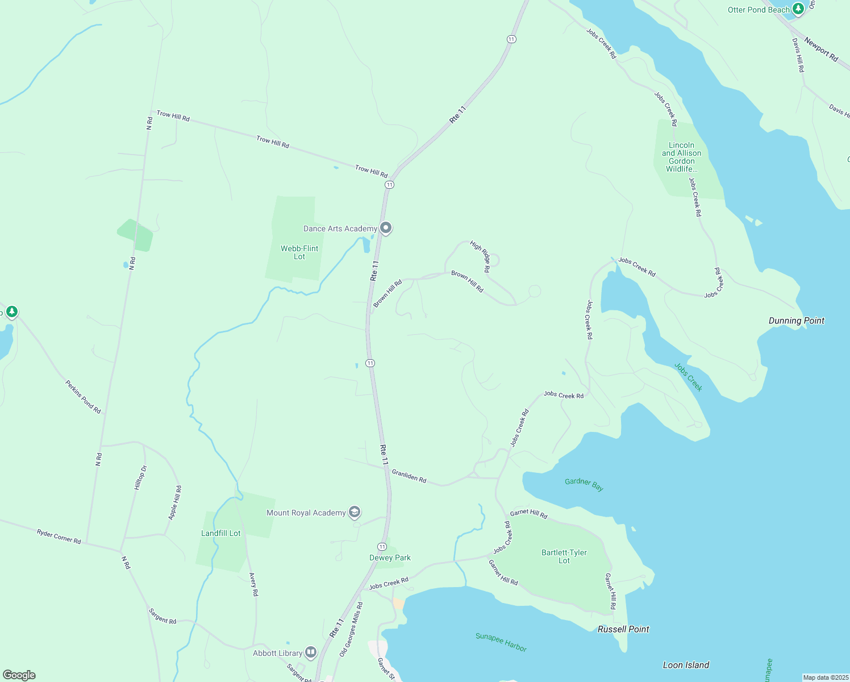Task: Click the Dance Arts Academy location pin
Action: pyautogui.click(x=386, y=228)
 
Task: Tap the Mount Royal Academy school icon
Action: pyautogui.click(x=354, y=512)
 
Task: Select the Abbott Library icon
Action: pyautogui.click(x=310, y=652)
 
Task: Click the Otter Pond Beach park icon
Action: pyautogui.click(x=798, y=9)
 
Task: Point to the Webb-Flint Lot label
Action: pyautogui.click(x=299, y=252)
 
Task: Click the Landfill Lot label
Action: pyautogui.click(x=221, y=533)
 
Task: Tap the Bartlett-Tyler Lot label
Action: pyautogui.click(x=564, y=556)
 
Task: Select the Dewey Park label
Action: pyautogui.click(x=390, y=558)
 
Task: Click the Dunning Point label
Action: pyautogui.click(x=796, y=321)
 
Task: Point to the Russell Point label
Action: pyautogui.click(x=623, y=629)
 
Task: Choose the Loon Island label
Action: pyautogui.click(x=686, y=665)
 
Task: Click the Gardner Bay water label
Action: pyautogui.click(x=584, y=484)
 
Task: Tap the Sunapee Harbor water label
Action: pyautogui.click(x=501, y=642)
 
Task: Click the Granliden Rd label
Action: pyautogui.click(x=409, y=476)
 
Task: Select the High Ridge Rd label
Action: pyautogui.click(x=480, y=256)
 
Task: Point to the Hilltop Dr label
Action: pyautogui.click(x=140, y=477)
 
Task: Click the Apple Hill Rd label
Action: pyautogui.click(x=175, y=502)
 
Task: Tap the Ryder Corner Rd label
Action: pyautogui.click(x=59, y=536)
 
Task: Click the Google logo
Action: pyautogui.click(x=19, y=675)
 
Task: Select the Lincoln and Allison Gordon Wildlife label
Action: pyautogui.click(x=681, y=157)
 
